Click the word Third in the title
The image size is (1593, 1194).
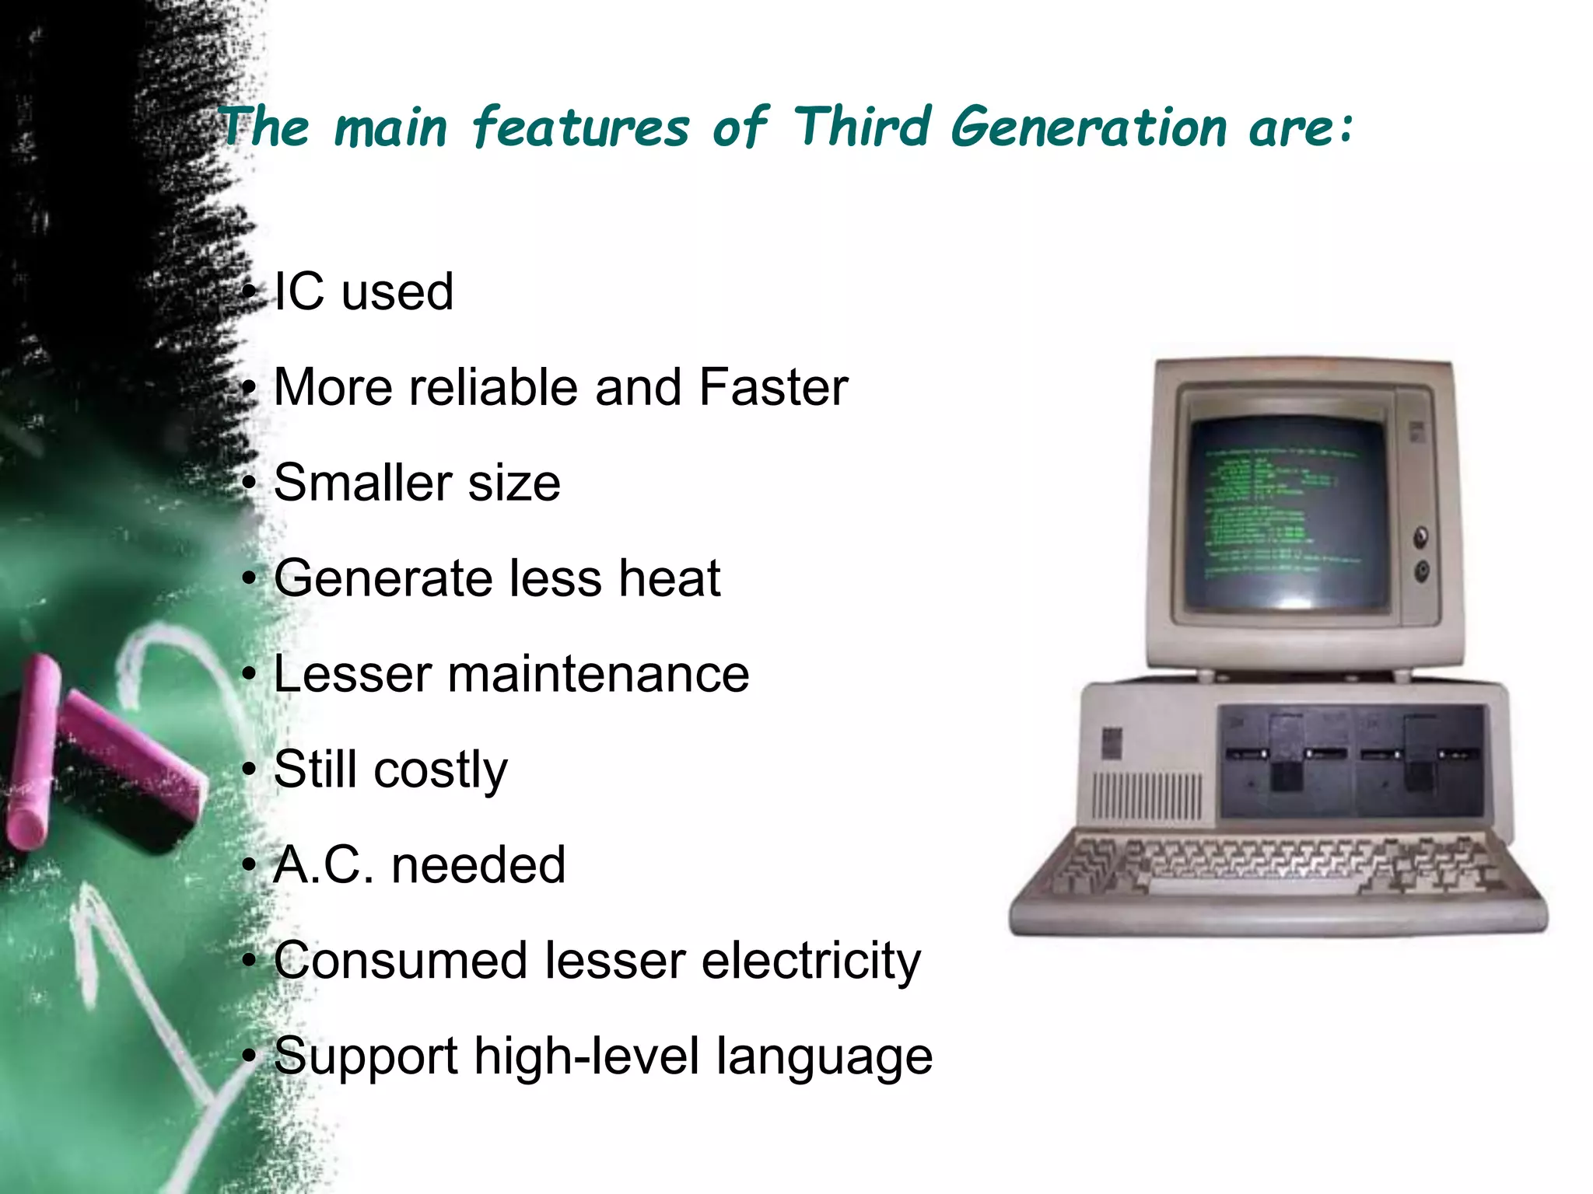pos(862,126)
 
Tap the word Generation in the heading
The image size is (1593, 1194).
pos(1088,127)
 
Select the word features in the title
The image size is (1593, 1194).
pos(580,127)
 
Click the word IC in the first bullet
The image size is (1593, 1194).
pos(299,292)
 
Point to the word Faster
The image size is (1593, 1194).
pos(773,387)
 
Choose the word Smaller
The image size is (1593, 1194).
pos(362,483)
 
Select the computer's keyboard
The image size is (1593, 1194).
pos(1276,871)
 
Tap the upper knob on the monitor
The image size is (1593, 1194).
pos(1421,536)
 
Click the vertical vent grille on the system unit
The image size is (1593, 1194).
pos(1147,797)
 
